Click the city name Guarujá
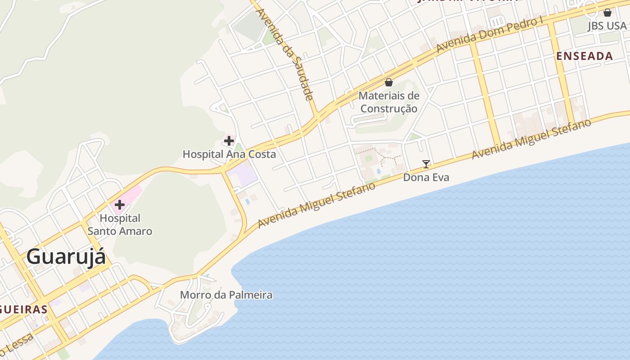(x=66, y=257)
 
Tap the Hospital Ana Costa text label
(x=229, y=154)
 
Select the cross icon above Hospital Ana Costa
(x=229, y=141)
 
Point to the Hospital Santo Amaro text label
(x=120, y=225)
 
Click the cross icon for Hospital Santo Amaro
(x=119, y=205)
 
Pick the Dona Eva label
(x=426, y=177)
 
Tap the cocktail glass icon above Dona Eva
(x=426, y=164)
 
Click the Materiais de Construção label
(x=389, y=102)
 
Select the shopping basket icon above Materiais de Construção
(x=389, y=82)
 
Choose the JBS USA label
(x=607, y=26)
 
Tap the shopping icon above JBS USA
(x=607, y=13)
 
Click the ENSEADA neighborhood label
(x=585, y=56)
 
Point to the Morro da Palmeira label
(x=226, y=295)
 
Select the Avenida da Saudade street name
(x=284, y=54)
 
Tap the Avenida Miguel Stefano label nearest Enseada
(x=531, y=139)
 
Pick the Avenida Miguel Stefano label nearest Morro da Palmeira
(x=316, y=205)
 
